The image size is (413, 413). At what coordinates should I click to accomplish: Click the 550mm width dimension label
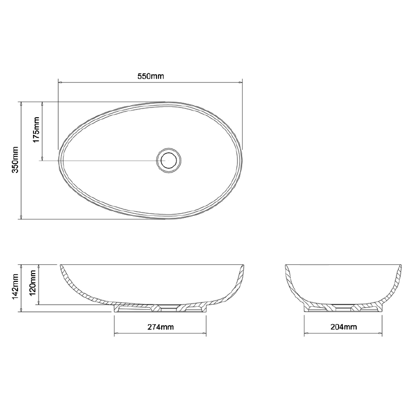pos(151,76)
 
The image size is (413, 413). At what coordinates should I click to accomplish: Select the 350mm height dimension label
pos(15,160)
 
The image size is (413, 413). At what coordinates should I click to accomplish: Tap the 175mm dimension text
pos(36,131)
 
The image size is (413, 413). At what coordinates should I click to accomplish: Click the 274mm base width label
pos(160,327)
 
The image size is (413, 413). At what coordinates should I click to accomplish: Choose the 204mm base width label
pos(343,327)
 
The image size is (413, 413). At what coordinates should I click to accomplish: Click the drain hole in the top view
pos(168,160)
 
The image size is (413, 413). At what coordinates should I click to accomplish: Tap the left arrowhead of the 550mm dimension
pos(59,82)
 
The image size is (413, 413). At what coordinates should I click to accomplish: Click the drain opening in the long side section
pos(168,309)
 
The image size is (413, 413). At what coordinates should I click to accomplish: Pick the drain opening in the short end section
pos(343,309)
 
